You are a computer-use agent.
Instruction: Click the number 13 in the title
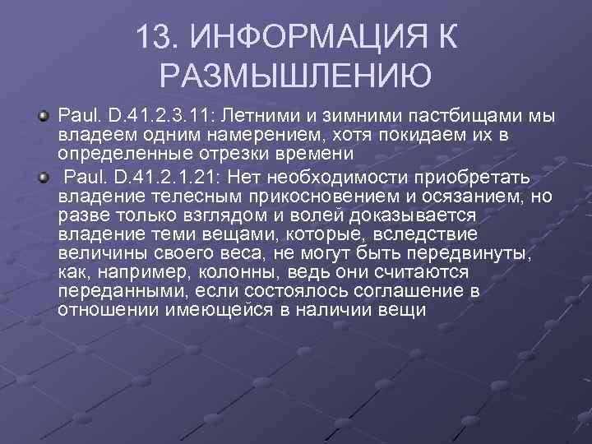[155, 37]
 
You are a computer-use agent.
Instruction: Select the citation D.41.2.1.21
[156, 178]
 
